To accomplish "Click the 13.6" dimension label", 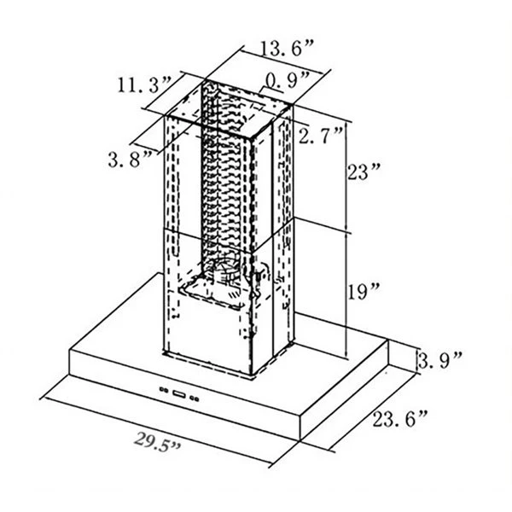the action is pos(287,49).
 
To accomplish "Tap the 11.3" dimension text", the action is pos(143,84).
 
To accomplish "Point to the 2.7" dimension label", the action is pos(320,135).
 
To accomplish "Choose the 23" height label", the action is pos(364,172).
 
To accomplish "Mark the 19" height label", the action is pos(363,291).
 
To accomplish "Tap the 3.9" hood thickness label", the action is pos(439,360).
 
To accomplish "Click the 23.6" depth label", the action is pos(399,419).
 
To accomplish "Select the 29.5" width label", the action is pos(157,442).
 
